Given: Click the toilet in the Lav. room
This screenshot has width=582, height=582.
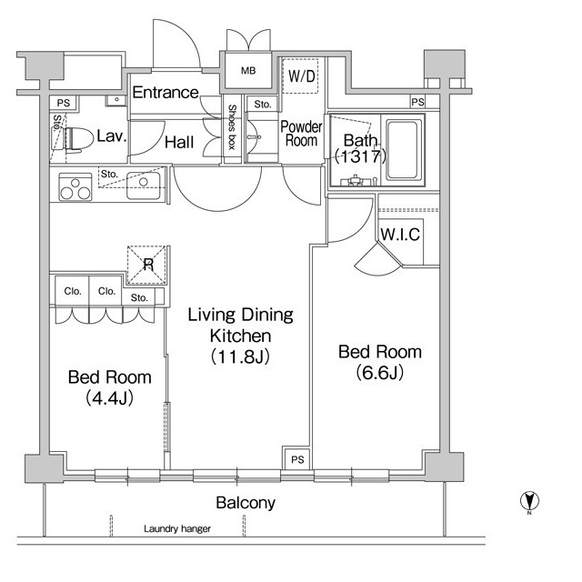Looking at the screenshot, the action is coord(79,139).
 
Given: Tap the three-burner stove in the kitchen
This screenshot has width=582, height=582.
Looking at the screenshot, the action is coord(75,188).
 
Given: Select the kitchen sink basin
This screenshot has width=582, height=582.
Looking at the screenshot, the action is coord(144,186).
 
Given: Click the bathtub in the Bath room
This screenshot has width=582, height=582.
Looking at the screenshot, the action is coord(404,150).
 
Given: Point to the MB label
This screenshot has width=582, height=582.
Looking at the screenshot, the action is coord(248,71).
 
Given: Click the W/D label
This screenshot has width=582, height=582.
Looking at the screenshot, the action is coord(302,76).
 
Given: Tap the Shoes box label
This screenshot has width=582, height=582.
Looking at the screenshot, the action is coord(232,127).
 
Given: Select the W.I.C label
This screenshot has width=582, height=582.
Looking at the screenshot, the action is coord(400,235).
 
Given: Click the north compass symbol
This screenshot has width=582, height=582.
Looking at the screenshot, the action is coord(529,501).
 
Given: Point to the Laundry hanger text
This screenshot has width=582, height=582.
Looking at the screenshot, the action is coord(177,528).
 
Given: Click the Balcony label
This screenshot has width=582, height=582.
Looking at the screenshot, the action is coord(246,503).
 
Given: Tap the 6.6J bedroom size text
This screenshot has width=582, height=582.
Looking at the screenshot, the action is coord(380,372).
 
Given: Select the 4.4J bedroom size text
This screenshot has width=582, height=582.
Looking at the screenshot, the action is coord(109,398).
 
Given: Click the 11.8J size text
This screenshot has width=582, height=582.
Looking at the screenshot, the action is coord(240,356).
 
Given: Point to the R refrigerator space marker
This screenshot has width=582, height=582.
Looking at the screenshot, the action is coord(148,265).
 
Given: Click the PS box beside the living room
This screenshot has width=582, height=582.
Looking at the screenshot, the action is coord(297,460).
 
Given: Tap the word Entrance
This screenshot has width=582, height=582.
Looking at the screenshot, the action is coord(166,92).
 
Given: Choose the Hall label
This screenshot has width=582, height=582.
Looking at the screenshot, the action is coord(179,142).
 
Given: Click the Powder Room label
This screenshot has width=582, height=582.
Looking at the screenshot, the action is coord(301,134).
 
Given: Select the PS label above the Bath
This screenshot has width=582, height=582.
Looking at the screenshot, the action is coord(418,101).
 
